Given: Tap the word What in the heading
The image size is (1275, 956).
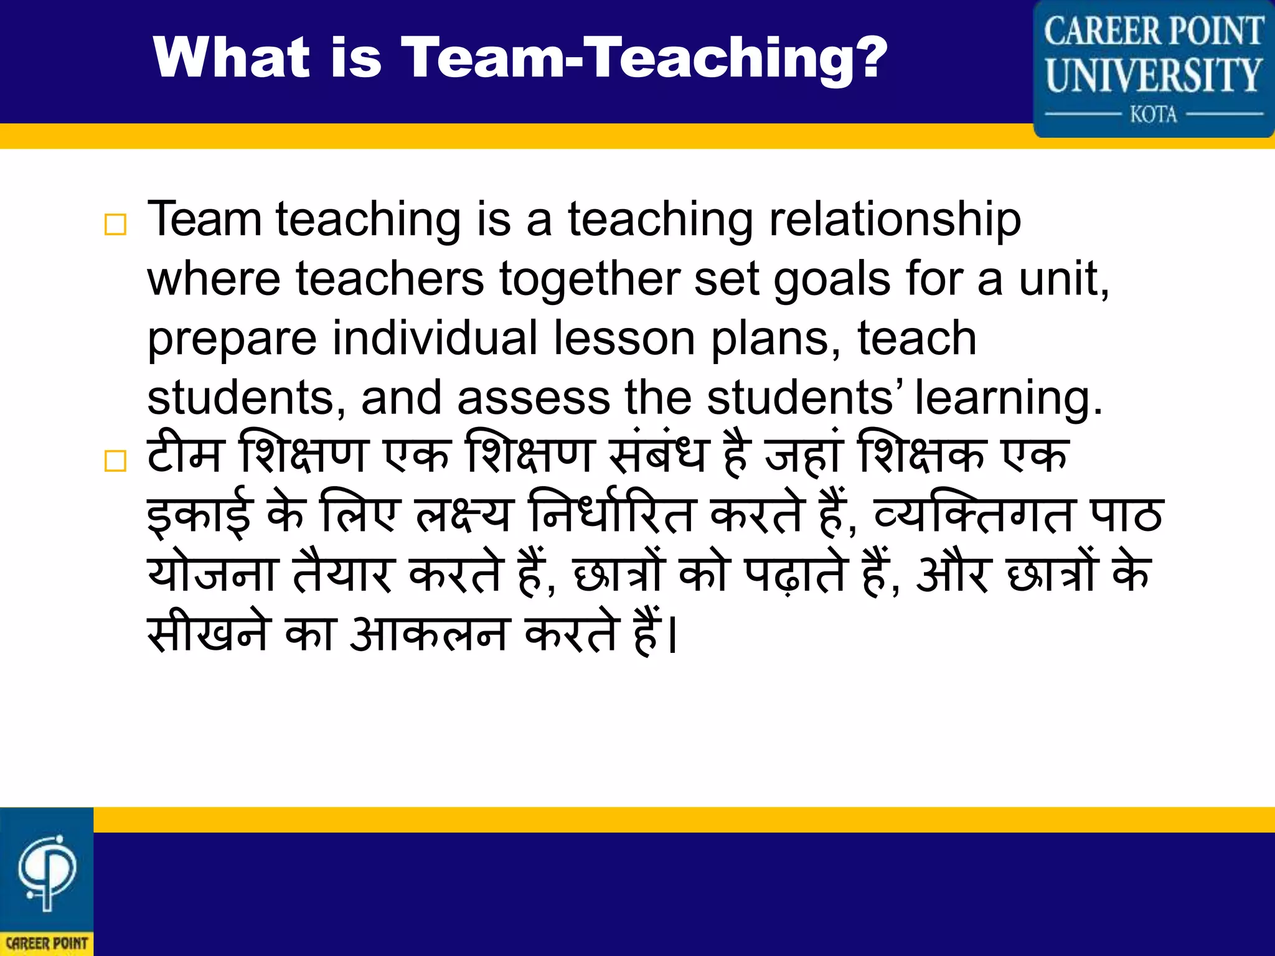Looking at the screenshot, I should [x=231, y=57].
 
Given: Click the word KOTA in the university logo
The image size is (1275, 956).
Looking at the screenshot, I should [x=1154, y=115].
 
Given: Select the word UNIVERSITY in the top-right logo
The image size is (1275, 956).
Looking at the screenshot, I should [x=1154, y=75].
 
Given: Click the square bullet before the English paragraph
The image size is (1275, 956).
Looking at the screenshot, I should [x=116, y=225].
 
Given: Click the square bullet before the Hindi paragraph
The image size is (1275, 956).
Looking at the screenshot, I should [x=116, y=461].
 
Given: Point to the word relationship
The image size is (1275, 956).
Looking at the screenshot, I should [x=895, y=220].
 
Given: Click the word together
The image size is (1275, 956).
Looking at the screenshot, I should [x=588, y=279].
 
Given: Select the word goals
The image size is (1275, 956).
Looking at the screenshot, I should [x=832, y=279].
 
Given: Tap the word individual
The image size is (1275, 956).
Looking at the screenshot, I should [x=435, y=338].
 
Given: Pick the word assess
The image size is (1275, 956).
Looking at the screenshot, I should [x=533, y=398].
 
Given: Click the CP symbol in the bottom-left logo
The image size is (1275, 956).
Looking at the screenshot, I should [x=47, y=871].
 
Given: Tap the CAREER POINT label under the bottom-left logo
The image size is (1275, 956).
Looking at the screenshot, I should [x=47, y=944].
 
